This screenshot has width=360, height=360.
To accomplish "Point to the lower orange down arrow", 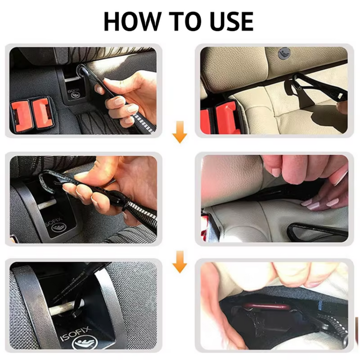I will [x=180, y=265].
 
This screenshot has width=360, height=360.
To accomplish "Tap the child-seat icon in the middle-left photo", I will [x=58, y=228].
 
